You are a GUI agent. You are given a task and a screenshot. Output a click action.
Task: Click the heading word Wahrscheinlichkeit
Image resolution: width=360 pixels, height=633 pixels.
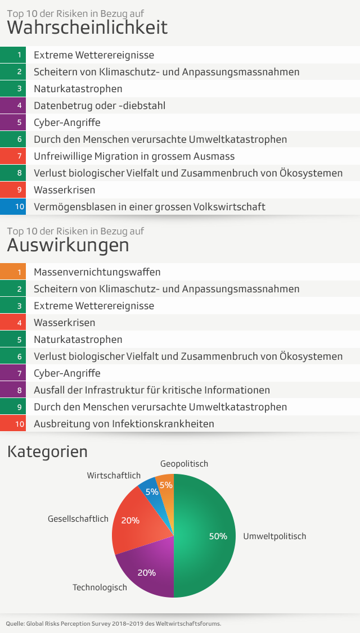[x=87, y=27]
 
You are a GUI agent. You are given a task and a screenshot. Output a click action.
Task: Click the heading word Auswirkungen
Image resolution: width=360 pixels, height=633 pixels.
[x=68, y=245]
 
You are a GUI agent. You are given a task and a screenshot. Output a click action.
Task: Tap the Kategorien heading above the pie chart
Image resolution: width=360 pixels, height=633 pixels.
[x=47, y=451]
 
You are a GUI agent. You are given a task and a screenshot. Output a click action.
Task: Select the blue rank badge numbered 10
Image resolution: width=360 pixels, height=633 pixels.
[x=20, y=207]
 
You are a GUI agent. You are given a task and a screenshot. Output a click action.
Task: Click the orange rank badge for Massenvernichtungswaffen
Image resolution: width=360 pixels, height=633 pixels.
[x=20, y=272]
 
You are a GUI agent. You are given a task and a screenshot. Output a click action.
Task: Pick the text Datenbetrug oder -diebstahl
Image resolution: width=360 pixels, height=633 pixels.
[x=100, y=106]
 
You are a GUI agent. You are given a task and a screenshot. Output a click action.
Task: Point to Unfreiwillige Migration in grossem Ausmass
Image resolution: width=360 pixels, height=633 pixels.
[x=134, y=156]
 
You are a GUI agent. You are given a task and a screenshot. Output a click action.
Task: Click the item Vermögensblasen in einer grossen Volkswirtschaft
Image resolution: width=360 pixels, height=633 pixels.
[x=149, y=207]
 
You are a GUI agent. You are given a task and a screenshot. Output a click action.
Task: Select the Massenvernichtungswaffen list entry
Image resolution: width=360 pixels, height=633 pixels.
[x=97, y=272]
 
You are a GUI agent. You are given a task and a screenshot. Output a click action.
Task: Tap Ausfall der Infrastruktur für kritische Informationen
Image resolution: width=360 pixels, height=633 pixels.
[x=152, y=390]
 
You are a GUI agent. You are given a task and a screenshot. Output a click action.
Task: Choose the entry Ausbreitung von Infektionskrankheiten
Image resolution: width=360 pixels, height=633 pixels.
[x=124, y=424]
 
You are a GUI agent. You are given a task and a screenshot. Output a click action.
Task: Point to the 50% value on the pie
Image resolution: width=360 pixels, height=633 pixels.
[x=218, y=536]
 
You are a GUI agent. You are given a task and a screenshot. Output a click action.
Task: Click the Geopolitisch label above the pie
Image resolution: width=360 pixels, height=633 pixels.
[x=184, y=464]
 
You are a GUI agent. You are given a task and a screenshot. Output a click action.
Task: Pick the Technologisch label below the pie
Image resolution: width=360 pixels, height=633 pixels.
[x=100, y=587]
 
